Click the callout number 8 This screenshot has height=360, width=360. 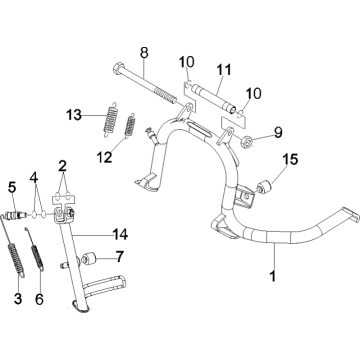[143, 52]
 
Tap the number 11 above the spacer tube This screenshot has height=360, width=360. [223, 70]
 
